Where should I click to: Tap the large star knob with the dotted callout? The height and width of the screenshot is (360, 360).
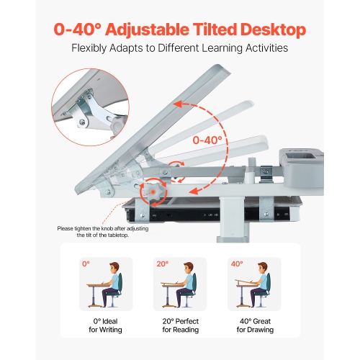(x=153, y=193)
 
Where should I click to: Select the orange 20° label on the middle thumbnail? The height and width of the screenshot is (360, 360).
(x=162, y=264)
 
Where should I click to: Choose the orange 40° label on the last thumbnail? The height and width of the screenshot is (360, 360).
(x=237, y=264)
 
